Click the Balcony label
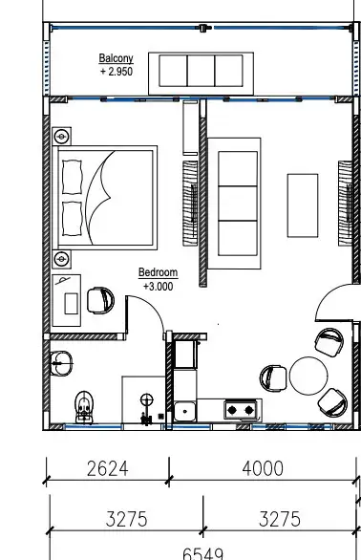pos(117,58)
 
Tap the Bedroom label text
pos(158,272)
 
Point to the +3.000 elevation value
pos(159,287)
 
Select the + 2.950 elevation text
pos(117,72)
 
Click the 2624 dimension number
pos(108,468)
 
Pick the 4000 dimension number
pos(263,468)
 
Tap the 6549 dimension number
pos(202,554)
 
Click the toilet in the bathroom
pos(84,407)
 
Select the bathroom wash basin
pos(61,363)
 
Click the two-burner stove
pos(241,410)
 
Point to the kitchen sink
pos(184,412)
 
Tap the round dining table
pos(308,376)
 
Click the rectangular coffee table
pos(303,205)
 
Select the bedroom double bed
pos(105,198)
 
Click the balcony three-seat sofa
pos(201,74)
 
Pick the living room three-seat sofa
pos(235,204)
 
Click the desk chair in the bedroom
pos(100,300)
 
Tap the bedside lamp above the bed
pos(62,137)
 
